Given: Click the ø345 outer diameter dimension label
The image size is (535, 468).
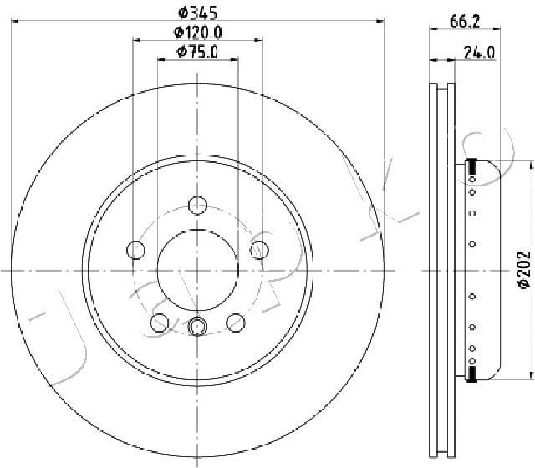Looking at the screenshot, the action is [197, 13].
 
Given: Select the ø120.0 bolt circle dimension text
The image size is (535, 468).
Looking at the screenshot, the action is [197, 33].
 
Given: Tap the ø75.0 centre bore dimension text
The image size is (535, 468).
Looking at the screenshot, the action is [197, 52].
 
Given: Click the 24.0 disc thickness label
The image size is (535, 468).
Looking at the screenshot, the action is [479, 53].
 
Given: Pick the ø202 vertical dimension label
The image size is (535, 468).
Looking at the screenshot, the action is [524, 270].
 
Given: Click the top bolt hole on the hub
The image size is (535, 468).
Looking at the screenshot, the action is [197, 206].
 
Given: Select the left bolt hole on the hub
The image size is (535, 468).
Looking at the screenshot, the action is [135, 250].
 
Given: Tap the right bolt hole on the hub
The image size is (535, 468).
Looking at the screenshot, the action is [259, 250].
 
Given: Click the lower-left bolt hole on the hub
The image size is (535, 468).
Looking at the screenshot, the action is [160, 323].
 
